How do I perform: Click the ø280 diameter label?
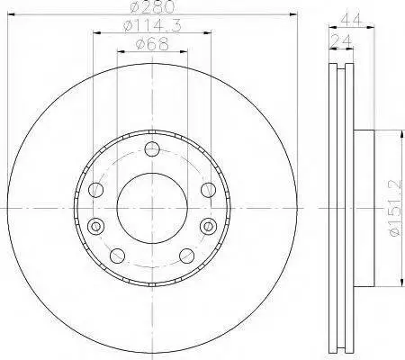click(152, 6)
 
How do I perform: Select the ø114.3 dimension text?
click(152, 26)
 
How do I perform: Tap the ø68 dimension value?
click(152, 44)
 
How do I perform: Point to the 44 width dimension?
click(351, 20)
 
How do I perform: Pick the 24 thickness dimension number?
click(341, 40)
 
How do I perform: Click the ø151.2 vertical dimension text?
click(395, 208)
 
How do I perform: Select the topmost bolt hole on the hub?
click(152, 149)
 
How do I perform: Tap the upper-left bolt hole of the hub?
click(96, 190)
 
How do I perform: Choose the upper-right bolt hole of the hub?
click(208, 190)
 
